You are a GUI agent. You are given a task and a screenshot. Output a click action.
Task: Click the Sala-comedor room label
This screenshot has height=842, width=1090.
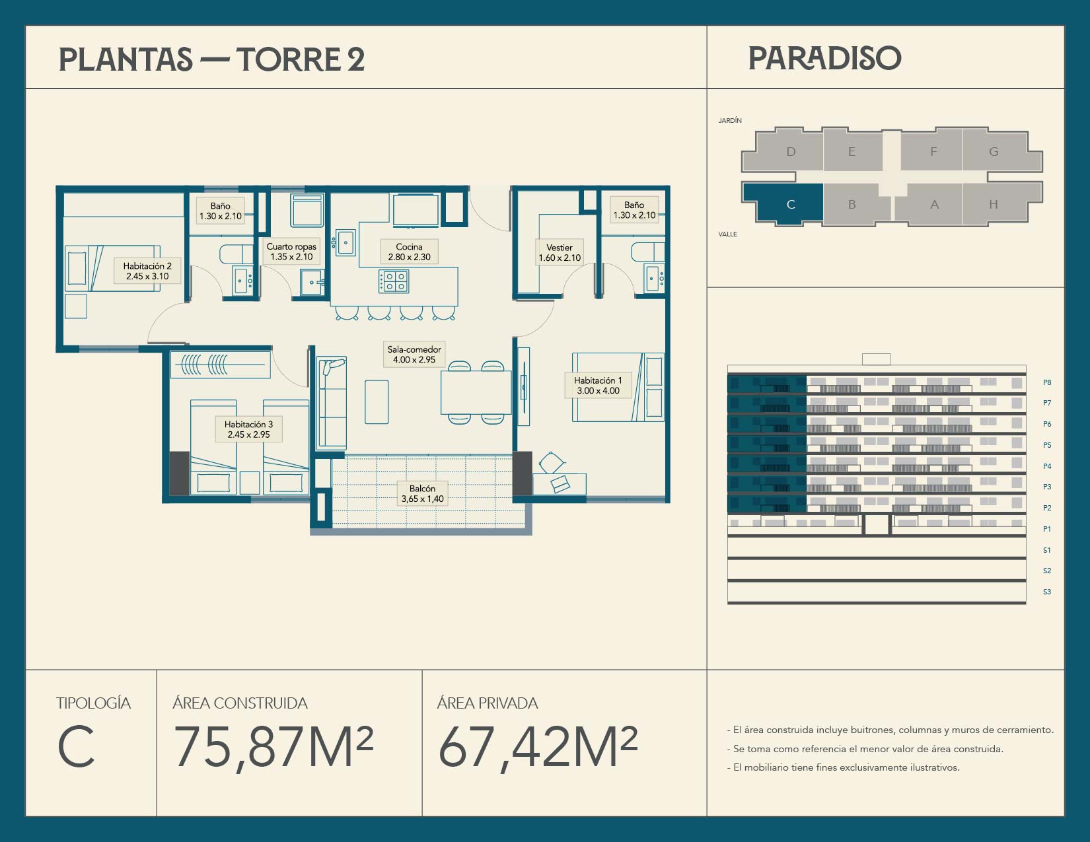414,354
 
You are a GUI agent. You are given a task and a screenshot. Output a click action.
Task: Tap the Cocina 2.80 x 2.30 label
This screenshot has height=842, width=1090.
409,252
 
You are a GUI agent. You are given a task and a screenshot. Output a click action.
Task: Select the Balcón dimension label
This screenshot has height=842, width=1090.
422,493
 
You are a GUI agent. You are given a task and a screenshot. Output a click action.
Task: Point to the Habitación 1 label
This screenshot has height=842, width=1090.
598,385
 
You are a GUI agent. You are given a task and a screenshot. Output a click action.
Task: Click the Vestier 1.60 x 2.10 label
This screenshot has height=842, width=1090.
560,252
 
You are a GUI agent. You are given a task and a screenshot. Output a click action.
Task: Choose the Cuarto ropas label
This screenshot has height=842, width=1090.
291,251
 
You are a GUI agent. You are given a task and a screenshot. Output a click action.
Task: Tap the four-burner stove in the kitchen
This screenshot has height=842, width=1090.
394,281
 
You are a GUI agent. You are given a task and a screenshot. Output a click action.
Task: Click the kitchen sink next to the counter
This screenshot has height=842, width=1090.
345,243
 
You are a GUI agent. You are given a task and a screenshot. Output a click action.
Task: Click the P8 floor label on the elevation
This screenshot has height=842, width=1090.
1047,382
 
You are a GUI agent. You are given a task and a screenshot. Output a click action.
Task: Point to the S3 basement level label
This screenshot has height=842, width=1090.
1047,592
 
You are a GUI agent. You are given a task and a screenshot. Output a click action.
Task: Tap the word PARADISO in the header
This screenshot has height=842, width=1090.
824,58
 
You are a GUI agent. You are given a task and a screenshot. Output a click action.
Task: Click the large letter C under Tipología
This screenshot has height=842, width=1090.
76,748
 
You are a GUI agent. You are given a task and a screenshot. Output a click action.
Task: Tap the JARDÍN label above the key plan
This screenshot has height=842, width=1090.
730,120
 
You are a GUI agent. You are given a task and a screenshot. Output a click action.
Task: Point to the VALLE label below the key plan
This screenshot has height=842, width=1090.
727,234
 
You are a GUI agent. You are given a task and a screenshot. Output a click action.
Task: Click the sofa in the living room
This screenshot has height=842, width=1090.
331,402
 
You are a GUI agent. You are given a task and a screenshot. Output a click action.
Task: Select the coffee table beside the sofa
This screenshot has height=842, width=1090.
377,402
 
